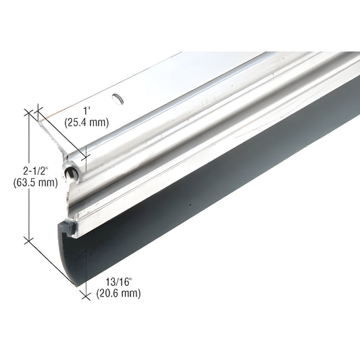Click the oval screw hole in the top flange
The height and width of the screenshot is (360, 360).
click(x=120, y=99)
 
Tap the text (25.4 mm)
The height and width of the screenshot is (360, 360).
click(x=85, y=123)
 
